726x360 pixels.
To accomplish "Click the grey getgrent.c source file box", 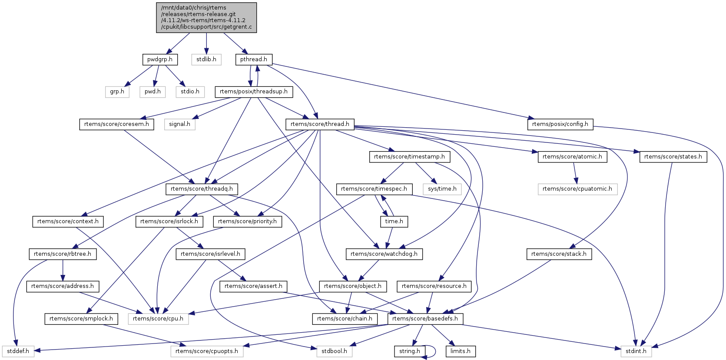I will click(206, 17).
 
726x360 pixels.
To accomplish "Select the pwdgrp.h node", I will click(160, 59).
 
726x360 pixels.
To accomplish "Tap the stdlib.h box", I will click(206, 59).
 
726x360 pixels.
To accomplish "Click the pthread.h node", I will click(254, 59).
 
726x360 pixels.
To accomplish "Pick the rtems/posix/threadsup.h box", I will click(254, 92).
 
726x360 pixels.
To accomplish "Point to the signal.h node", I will click(180, 124).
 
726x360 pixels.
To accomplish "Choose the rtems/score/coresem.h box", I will click(116, 124).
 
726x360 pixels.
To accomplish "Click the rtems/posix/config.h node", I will click(560, 124).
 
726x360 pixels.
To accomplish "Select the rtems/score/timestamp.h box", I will click(409, 157).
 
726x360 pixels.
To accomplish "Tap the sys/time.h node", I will click(442, 189).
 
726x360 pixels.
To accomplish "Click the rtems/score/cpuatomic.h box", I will click(577, 189).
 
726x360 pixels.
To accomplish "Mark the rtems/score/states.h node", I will click(673, 157).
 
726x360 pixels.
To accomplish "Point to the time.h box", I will click(394, 221).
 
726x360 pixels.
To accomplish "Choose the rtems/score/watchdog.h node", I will click(384, 254).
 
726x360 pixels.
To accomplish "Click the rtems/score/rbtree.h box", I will click(63, 254).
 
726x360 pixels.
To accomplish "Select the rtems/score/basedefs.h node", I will click(425, 319).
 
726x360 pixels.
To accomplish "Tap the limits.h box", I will click(461, 351).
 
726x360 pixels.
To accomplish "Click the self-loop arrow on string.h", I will click(434, 351).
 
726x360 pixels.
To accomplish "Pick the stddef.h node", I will click(18, 351).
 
